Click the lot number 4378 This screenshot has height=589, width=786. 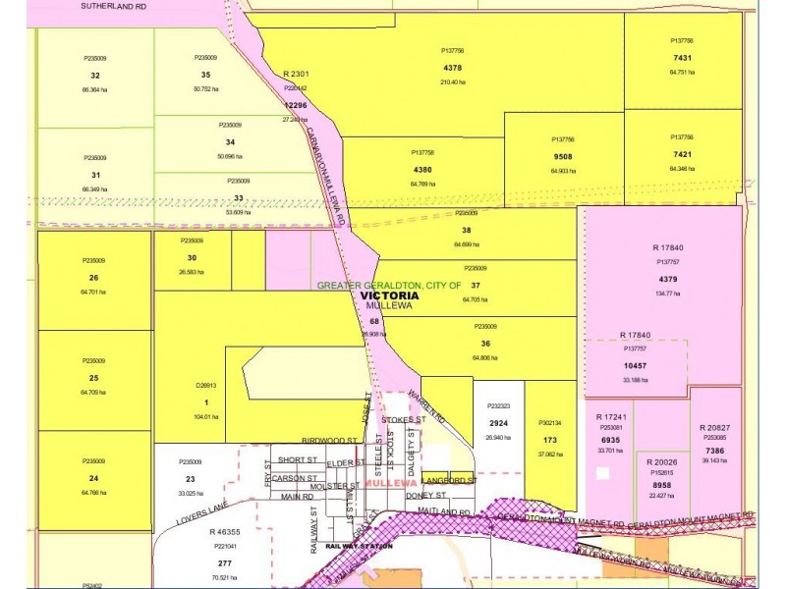pyautogui.click(x=453, y=68)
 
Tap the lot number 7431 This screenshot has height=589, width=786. pyautogui.click(x=682, y=58)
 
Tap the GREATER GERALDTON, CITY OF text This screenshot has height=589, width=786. pyautogui.click(x=389, y=285)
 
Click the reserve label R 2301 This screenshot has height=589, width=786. pyautogui.click(x=296, y=74)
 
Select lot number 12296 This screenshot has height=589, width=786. pyautogui.click(x=295, y=104)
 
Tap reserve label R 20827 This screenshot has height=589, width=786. pyautogui.click(x=716, y=428)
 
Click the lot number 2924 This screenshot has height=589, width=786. pyautogui.click(x=499, y=423)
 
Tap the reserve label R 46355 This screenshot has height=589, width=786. pyautogui.click(x=227, y=531)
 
